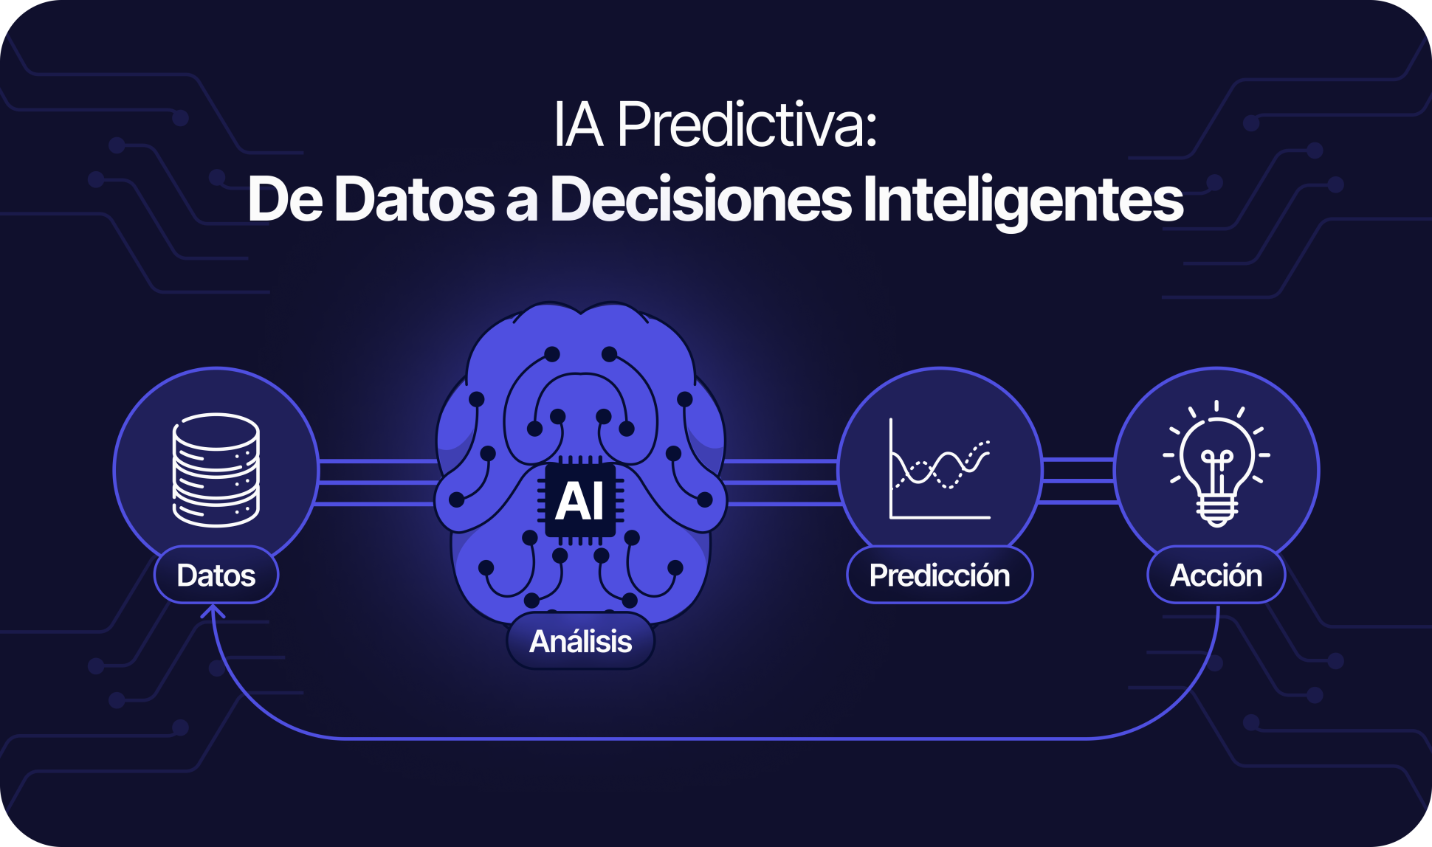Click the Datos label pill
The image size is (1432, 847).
(x=216, y=575)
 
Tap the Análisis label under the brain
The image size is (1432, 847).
(x=581, y=641)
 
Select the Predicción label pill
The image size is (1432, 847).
(x=940, y=575)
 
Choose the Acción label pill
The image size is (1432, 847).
(x=1216, y=575)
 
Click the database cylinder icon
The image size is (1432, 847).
(x=216, y=470)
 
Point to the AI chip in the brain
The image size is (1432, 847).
(x=580, y=501)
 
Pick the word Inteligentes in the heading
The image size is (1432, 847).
(x=1023, y=199)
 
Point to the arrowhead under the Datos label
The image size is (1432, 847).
(x=213, y=612)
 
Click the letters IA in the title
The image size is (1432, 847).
(x=579, y=125)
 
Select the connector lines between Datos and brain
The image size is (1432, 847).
(x=377, y=483)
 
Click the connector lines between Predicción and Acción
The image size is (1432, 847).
(x=1078, y=481)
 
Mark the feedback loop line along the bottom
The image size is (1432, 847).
(x=715, y=738)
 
